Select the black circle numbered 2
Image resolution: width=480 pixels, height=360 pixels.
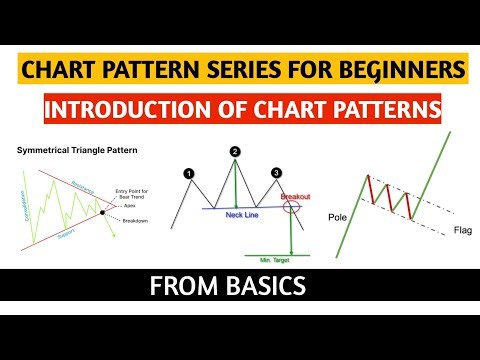(x=234, y=152)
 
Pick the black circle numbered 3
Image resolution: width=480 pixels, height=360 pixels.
(x=276, y=172)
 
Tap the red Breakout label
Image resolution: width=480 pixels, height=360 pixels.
(x=297, y=197)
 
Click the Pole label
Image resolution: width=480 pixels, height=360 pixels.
(x=338, y=215)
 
